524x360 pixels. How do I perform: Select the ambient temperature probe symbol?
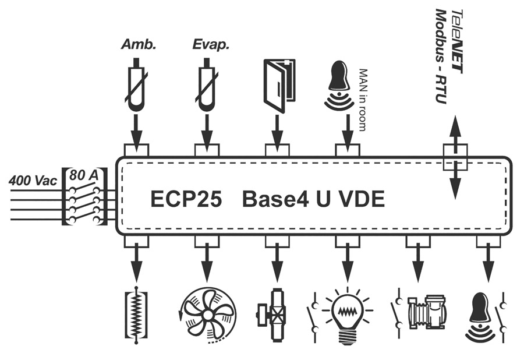point(137,87)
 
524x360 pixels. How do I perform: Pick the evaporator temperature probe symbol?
point(206,87)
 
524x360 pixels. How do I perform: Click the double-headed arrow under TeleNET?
point(455,157)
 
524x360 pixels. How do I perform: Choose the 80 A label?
point(85,174)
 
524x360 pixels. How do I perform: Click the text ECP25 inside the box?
point(186,200)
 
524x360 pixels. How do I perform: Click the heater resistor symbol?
point(136,315)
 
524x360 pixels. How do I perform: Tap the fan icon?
point(207,315)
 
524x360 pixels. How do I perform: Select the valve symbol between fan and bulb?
point(275,315)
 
